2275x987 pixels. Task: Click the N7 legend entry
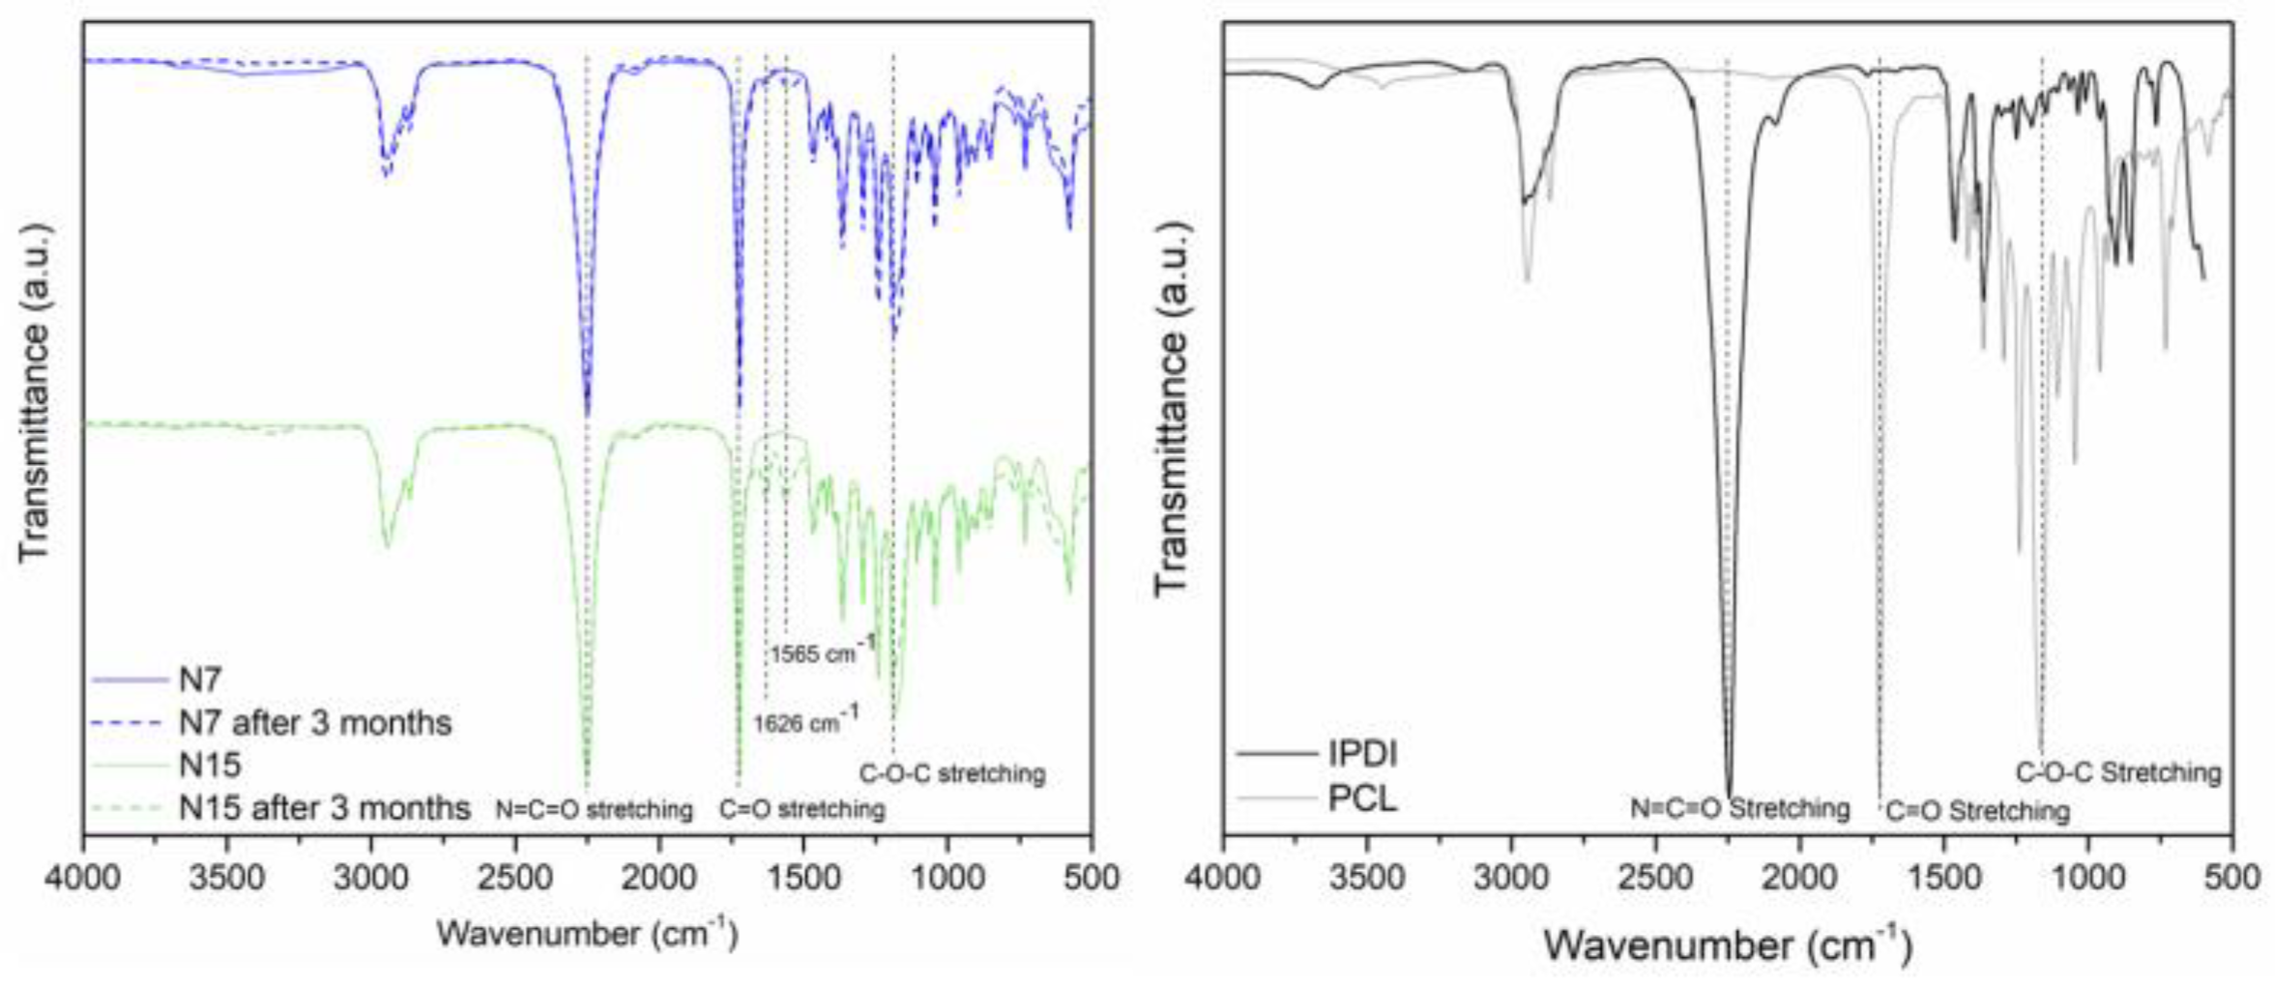[x=200, y=680]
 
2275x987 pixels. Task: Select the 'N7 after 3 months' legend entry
[x=314, y=722]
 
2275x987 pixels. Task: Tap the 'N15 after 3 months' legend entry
[x=324, y=807]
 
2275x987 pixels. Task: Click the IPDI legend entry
[x=1362, y=753]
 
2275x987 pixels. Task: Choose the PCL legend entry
[x=1362, y=798]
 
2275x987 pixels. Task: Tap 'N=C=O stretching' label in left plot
[x=594, y=809]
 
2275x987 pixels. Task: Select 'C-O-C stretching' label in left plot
[x=952, y=773]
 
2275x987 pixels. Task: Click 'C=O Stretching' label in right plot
[x=1977, y=810]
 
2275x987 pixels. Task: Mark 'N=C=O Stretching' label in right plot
[x=1739, y=807]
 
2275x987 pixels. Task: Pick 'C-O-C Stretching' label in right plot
[x=2117, y=772]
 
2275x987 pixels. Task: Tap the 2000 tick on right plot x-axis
[x=1799, y=878]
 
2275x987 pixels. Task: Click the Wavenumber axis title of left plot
[x=587, y=934]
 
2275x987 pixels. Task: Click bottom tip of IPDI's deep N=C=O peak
[x=1729, y=795]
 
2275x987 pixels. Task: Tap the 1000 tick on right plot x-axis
[x=2088, y=878]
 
